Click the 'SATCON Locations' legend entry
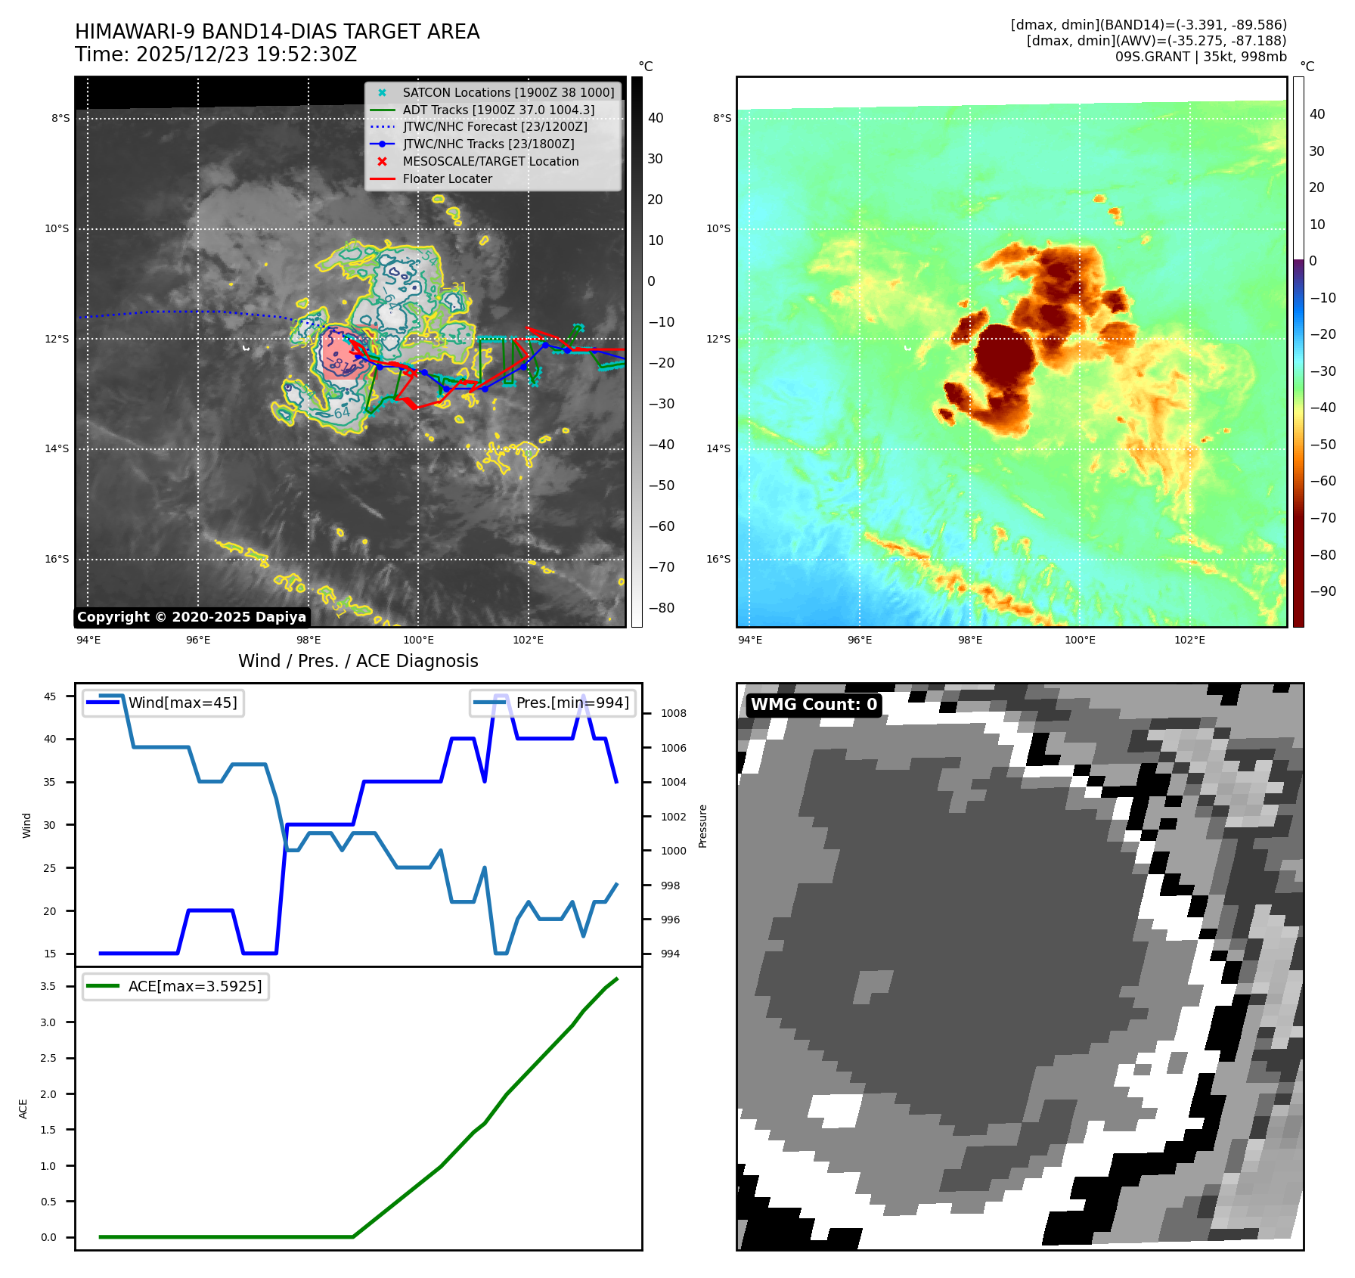point(508,92)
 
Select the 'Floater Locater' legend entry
point(447,178)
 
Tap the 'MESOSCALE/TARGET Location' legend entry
point(490,161)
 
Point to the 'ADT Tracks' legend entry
point(498,110)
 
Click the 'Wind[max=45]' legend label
point(182,703)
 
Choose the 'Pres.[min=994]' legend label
point(572,703)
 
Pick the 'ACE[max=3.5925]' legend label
point(195,986)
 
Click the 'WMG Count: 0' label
point(814,705)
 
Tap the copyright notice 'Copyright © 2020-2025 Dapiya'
point(191,617)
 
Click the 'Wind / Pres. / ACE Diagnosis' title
point(358,661)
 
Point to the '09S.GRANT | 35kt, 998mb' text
point(1201,57)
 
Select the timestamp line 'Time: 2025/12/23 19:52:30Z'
point(215,54)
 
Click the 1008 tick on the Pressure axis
point(673,713)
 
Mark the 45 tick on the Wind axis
point(50,696)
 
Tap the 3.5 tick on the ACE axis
point(48,986)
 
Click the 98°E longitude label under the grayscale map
point(309,640)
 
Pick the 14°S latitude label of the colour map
point(718,448)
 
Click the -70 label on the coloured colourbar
point(1322,518)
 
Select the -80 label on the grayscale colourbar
point(661,608)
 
